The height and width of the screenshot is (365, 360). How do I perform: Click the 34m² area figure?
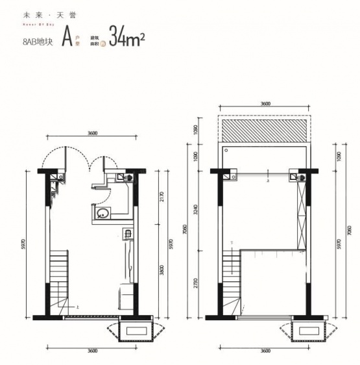(x=126, y=38)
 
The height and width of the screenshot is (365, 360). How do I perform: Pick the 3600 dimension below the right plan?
(x=264, y=350)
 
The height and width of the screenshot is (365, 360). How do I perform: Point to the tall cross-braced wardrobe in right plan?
(x=300, y=215)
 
